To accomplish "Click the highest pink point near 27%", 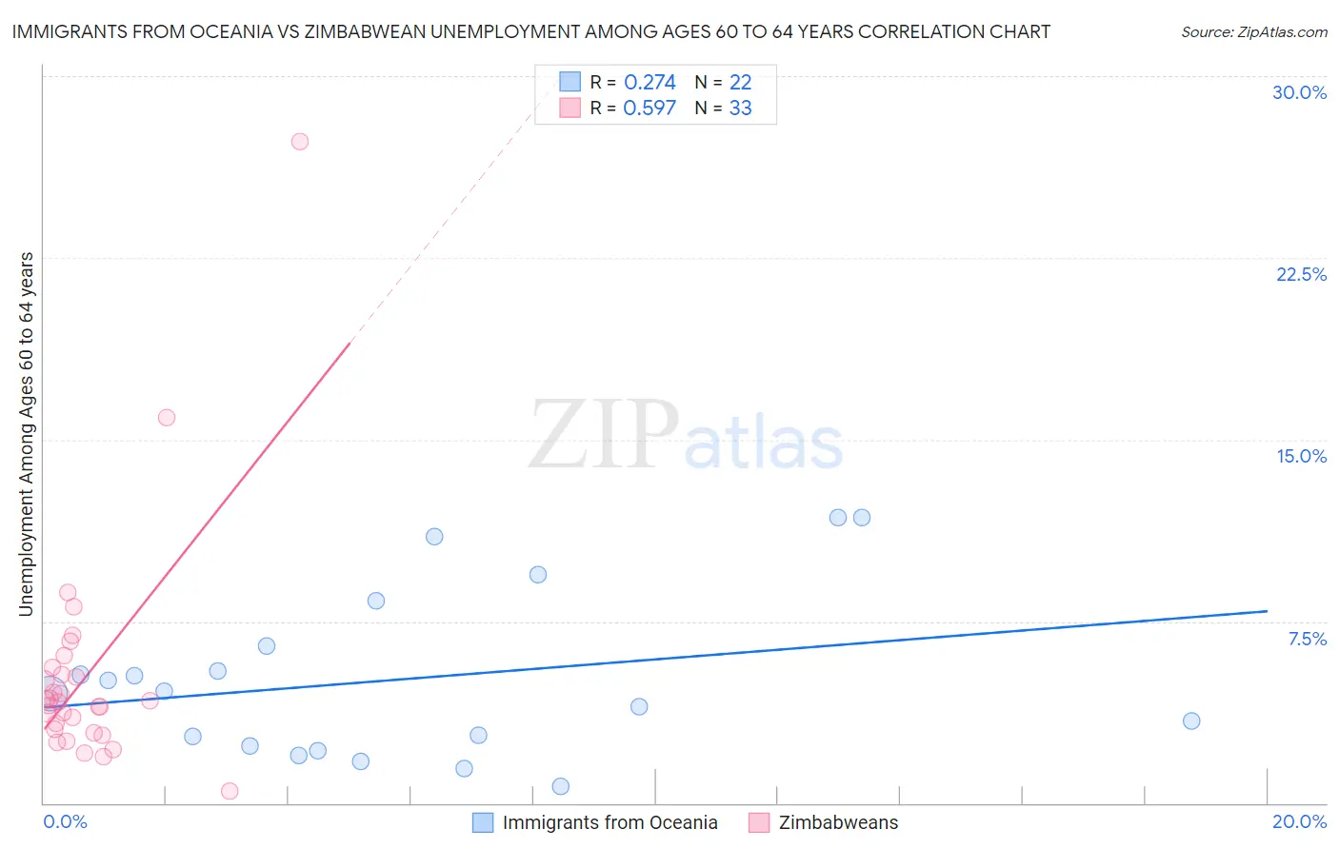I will tap(300, 142).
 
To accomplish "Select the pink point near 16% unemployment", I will tap(167, 418).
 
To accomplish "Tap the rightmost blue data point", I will tap(1191, 721).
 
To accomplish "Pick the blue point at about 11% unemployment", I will tap(434, 537).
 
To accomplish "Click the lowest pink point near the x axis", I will tap(230, 792).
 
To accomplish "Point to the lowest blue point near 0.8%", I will tap(561, 787).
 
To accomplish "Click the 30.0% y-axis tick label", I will tap(1299, 92).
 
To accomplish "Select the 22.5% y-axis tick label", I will tap(1301, 274).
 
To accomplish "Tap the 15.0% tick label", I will tap(1301, 456).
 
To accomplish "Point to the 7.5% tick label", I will tap(1307, 639).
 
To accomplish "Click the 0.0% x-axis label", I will tap(65, 821).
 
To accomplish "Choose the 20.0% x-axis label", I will tap(1299, 821).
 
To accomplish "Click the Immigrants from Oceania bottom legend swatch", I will tap(483, 822).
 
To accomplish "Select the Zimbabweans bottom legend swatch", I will tap(759, 822).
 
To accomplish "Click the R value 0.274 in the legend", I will tap(650, 83).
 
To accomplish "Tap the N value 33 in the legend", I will tap(740, 109).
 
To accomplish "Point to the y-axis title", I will tap(27, 434).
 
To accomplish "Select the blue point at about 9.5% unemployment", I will tap(538, 575).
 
